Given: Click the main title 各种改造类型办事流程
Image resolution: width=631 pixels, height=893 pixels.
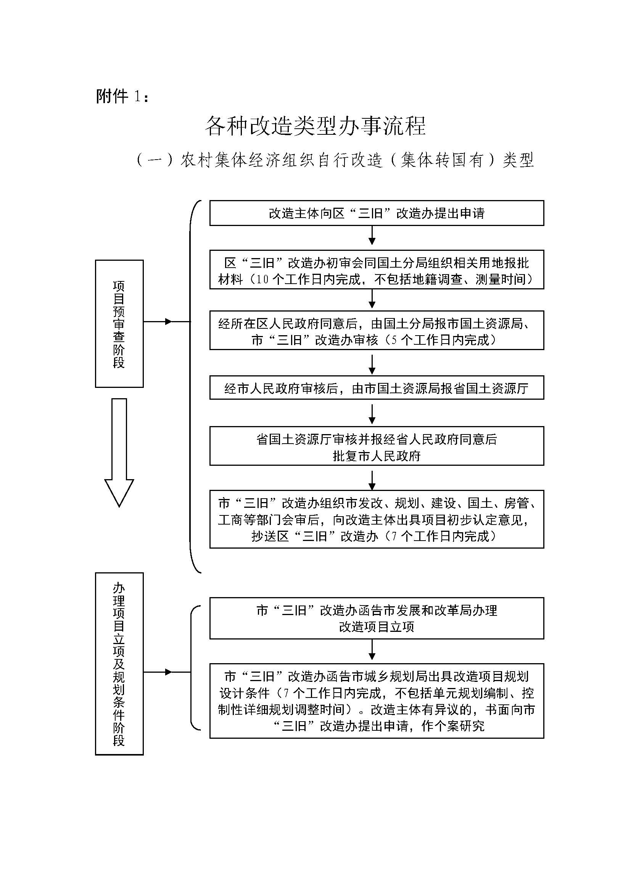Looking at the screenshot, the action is [x=315, y=126].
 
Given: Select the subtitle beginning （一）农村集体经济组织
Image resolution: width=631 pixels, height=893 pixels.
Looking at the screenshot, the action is [x=335, y=160].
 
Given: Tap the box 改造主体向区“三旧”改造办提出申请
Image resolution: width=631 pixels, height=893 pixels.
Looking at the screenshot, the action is [x=377, y=213].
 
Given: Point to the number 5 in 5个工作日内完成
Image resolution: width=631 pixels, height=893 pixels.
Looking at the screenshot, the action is [x=394, y=340].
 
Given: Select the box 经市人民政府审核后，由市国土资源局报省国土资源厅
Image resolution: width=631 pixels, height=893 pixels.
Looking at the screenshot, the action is [x=377, y=388].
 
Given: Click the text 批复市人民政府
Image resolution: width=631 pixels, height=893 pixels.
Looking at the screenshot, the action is [x=377, y=455].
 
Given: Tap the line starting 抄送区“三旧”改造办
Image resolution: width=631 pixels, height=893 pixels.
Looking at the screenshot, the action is [x=374, y=536].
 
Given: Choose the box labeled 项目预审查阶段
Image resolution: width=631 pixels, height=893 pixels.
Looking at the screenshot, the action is [x=119, y=324].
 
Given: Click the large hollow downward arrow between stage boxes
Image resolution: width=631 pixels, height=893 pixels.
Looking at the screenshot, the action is [x=119, y=453].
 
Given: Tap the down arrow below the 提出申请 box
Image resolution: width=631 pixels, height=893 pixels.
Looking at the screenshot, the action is [x=372, y=235].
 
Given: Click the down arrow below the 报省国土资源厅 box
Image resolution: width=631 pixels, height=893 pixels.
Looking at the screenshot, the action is [x=372, y=414].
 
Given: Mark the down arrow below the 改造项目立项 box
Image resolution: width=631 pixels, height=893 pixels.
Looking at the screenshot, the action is [x=372, y=650].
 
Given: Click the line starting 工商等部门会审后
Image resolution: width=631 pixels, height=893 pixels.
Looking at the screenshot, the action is [x=373, y=520].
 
